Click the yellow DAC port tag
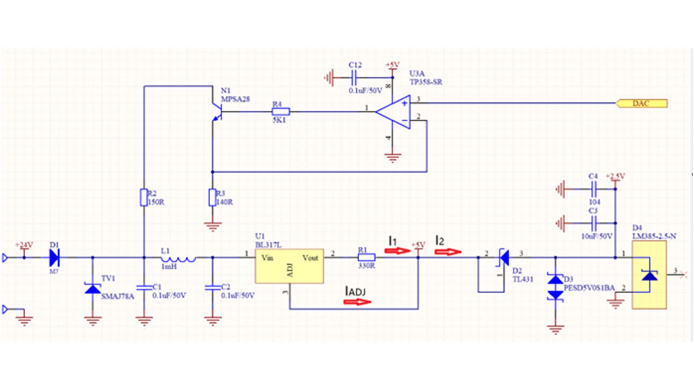click(x=642, y=104)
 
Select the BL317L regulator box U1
click(x=289, y=266)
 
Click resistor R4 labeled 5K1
click(x=280, y=112)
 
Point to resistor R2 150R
click(x=144, y=197)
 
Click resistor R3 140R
click(x=213, y=197)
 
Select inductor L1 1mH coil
click(x=178, y=259)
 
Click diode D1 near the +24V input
click(x=54, y=257)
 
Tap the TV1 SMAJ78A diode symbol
click(x=93, y=289)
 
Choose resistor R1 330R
click(x=367, y=257)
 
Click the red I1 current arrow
click(x=398, y=251)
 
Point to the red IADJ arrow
click(x=357, y=302)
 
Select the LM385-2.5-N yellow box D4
click(x=649, y=275)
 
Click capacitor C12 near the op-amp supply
click(x=354, y=77)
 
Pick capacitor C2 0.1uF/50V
click(x=213, y=287)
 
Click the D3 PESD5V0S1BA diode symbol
click(x=556, y=287)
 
